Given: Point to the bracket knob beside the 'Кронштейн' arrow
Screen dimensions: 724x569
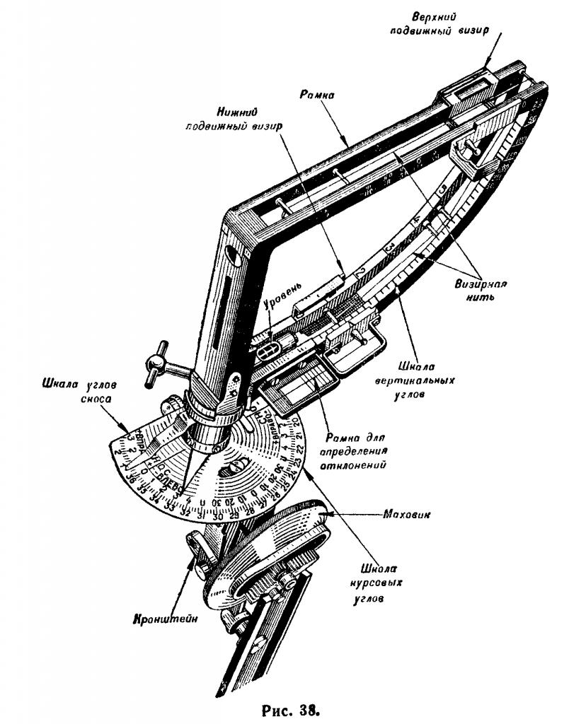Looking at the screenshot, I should pyautogui.click(x=195, y=548).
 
